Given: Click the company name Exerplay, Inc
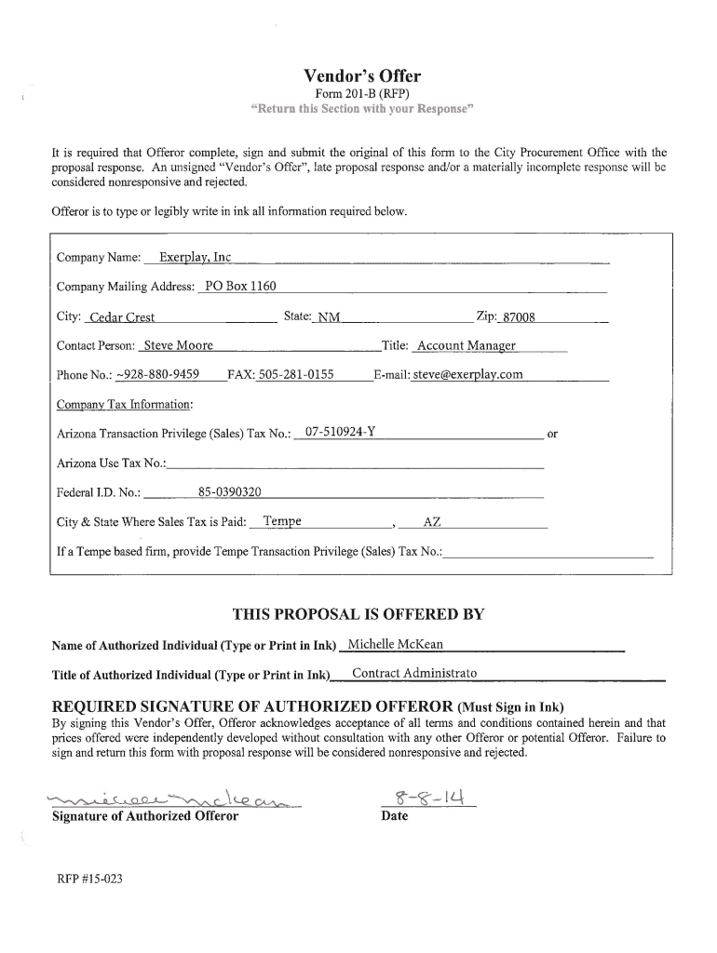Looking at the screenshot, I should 196,257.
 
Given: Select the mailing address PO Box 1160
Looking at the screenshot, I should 240,286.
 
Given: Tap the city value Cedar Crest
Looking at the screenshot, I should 122,317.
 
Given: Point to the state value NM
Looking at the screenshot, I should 329,317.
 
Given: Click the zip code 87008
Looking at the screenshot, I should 519,317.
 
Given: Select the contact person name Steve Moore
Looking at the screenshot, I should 178,345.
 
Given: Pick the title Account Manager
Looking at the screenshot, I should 466,345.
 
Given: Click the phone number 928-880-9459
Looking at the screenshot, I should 157,374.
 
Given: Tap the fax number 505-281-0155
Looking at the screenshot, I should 295,374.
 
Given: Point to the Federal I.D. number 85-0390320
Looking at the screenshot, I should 230,491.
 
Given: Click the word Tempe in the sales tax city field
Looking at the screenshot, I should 282,520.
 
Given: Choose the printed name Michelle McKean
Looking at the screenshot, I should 395,644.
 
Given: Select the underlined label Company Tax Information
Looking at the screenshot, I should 125,404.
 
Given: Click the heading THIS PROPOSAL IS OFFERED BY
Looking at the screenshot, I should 358,614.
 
